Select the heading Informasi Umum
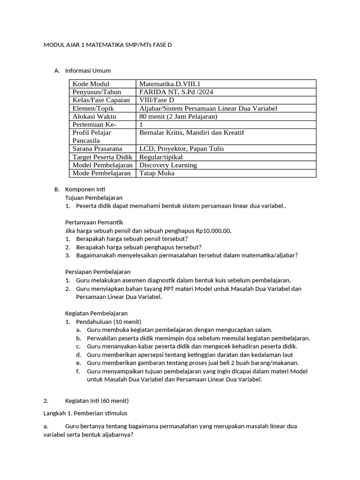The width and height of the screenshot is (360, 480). (x=88, y=71)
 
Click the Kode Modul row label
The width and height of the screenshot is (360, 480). (x=90, y=84)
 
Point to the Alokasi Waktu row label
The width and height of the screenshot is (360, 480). (x=94, y=116)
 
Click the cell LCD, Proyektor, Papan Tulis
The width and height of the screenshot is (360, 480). (x=181, y=149)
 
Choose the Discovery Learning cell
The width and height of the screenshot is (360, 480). (x=168, y=165)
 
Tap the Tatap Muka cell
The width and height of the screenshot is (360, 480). (x=157, y=173)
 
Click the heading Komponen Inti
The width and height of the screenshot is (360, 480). (x=85, y=190)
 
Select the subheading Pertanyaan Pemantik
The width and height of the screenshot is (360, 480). (x=93, y=222)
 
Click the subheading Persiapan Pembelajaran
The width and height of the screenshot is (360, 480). (x=97, y=272)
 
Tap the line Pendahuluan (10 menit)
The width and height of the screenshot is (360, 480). (x=108, y=322)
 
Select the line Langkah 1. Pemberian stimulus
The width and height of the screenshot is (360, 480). (x=85, y=413)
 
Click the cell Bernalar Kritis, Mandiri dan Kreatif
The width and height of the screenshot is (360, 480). (x=191, y=133)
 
